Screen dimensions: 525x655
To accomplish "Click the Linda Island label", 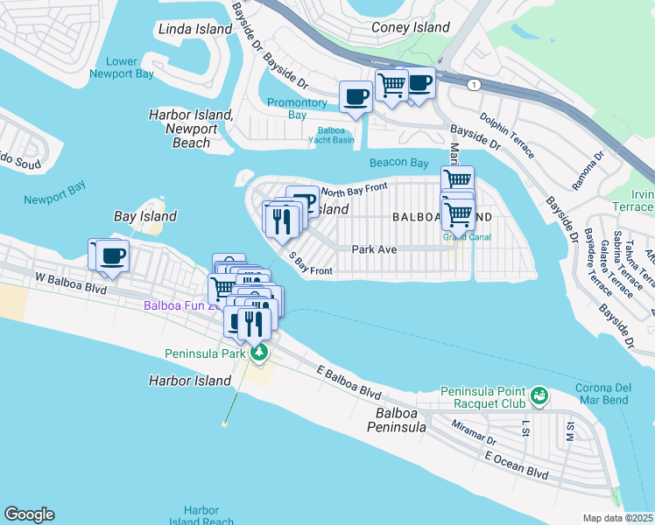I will [195, 29].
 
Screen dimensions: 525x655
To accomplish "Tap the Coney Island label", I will [410, 27].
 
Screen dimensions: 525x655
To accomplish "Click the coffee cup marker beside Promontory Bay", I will [356, 96].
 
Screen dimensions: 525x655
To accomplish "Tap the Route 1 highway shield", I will [474, 84].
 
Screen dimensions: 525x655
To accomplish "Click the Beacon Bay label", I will [398, 163].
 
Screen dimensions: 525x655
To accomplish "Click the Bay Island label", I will [145, 216].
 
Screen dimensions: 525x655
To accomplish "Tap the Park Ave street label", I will [375, 249].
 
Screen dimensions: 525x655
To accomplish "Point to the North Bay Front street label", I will [354, 189].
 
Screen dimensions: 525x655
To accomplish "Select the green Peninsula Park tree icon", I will [258, 353].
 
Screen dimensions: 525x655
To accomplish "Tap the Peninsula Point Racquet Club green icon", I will [539, 396].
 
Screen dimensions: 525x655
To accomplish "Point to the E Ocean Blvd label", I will [516, 465].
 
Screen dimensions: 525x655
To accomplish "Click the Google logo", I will [29, 514].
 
